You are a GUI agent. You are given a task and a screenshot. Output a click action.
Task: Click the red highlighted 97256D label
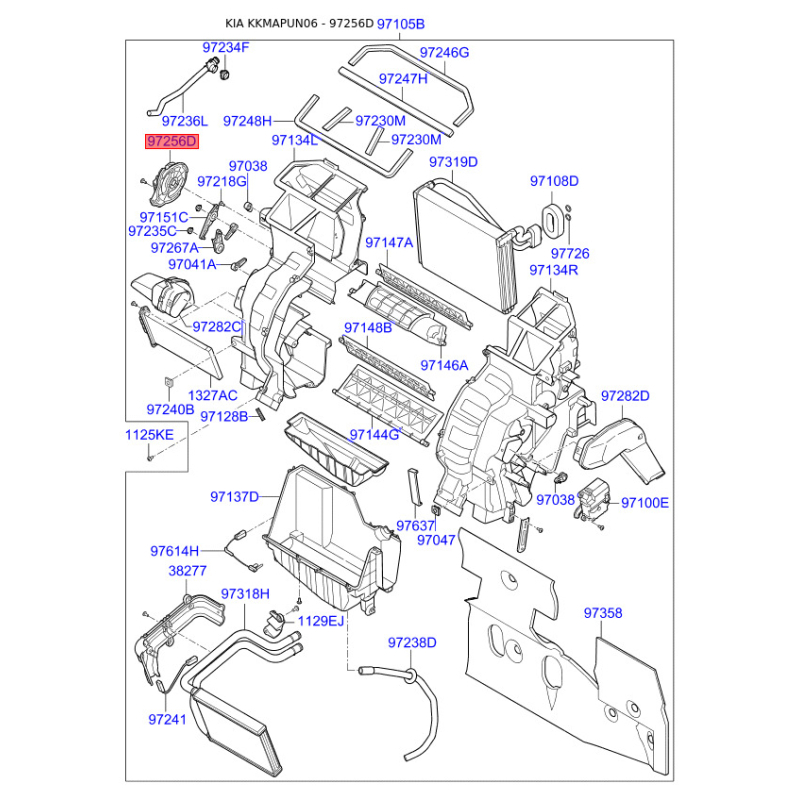pyautogui.click(x=172, y=141)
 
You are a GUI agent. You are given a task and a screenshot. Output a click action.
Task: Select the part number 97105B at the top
pyautogui.click(x=401, y=24)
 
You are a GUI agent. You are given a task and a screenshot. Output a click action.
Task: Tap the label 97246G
pyautogui.click(x=444, y=53)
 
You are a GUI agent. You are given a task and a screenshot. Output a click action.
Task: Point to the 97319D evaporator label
pyautogui.click(x=453, y=162)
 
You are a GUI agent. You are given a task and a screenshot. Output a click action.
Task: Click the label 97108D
pyautogui.click(x=554, y=181)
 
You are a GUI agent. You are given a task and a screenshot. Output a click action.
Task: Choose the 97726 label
pyautogui.click(x=570, y=254)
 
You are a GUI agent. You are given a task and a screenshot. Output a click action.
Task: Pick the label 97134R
pyautogui.click(x=554, y=270)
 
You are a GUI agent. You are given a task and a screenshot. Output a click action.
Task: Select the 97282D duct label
pyautogui.click(x=625, y=396)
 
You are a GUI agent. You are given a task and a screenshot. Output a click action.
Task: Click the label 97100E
pyautogui.click(x=644, y=503)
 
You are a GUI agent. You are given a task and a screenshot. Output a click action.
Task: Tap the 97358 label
pyautogui.click(x=603, y=613)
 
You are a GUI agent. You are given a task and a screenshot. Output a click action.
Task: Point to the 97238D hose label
pyautogui.click(x=412, y=643)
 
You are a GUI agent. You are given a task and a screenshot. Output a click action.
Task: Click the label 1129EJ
pyautogui.click(x=321, y=621)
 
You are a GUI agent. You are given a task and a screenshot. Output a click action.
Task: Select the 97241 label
pyautogui.click(x=167, y=719)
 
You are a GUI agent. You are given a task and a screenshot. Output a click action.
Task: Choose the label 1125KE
pyautogui.click(x=149, y=435)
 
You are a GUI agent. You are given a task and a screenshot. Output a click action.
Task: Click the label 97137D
pyautogui.click(x=235, y=496)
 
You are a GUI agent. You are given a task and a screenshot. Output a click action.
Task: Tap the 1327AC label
pyautogui.click(x=213, y=395)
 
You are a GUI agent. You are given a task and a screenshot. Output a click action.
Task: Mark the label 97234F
pyautogui.click(x=226, y=47)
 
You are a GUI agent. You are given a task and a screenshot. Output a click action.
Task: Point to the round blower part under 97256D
pyautogui.click(x=168, y=182)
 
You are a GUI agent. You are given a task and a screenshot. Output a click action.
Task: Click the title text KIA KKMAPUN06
pyautogui.click(x=271, y=23)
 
